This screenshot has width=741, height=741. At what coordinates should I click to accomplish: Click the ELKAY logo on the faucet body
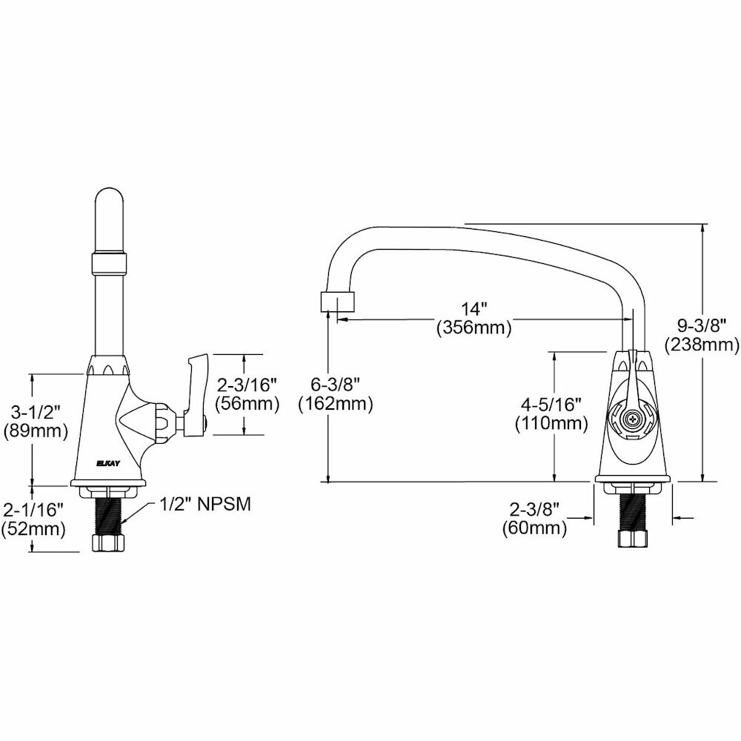coord(108,464)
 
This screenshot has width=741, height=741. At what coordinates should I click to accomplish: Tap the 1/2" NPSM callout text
coord(205,505)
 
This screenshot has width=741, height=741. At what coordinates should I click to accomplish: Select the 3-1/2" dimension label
coord(36,413)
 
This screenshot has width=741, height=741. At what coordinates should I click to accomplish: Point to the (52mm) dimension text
coord(33,529)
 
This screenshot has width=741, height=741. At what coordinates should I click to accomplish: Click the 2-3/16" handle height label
coord(246,385)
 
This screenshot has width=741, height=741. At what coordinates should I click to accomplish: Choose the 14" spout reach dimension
coord(474,309)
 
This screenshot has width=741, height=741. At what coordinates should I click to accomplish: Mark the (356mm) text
coord(474,328)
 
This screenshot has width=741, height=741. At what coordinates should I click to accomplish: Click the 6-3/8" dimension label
coord(336,385)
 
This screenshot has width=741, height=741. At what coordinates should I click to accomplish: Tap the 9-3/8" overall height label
coord(702,325)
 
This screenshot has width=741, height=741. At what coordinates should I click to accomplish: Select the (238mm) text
coord(702,345)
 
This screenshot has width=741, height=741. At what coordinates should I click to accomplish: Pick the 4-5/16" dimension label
coord(551,405)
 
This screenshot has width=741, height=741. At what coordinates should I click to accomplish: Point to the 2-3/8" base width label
coord(534,509)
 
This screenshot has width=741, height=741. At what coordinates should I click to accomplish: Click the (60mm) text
coord(534,528)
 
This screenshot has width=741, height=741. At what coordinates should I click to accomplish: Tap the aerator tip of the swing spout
coord(337,302)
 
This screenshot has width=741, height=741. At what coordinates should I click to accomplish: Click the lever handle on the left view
coord(196,396)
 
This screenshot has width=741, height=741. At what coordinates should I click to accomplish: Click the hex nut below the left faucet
coord(109,542)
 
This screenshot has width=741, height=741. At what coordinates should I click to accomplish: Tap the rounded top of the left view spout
coord(110,199)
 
